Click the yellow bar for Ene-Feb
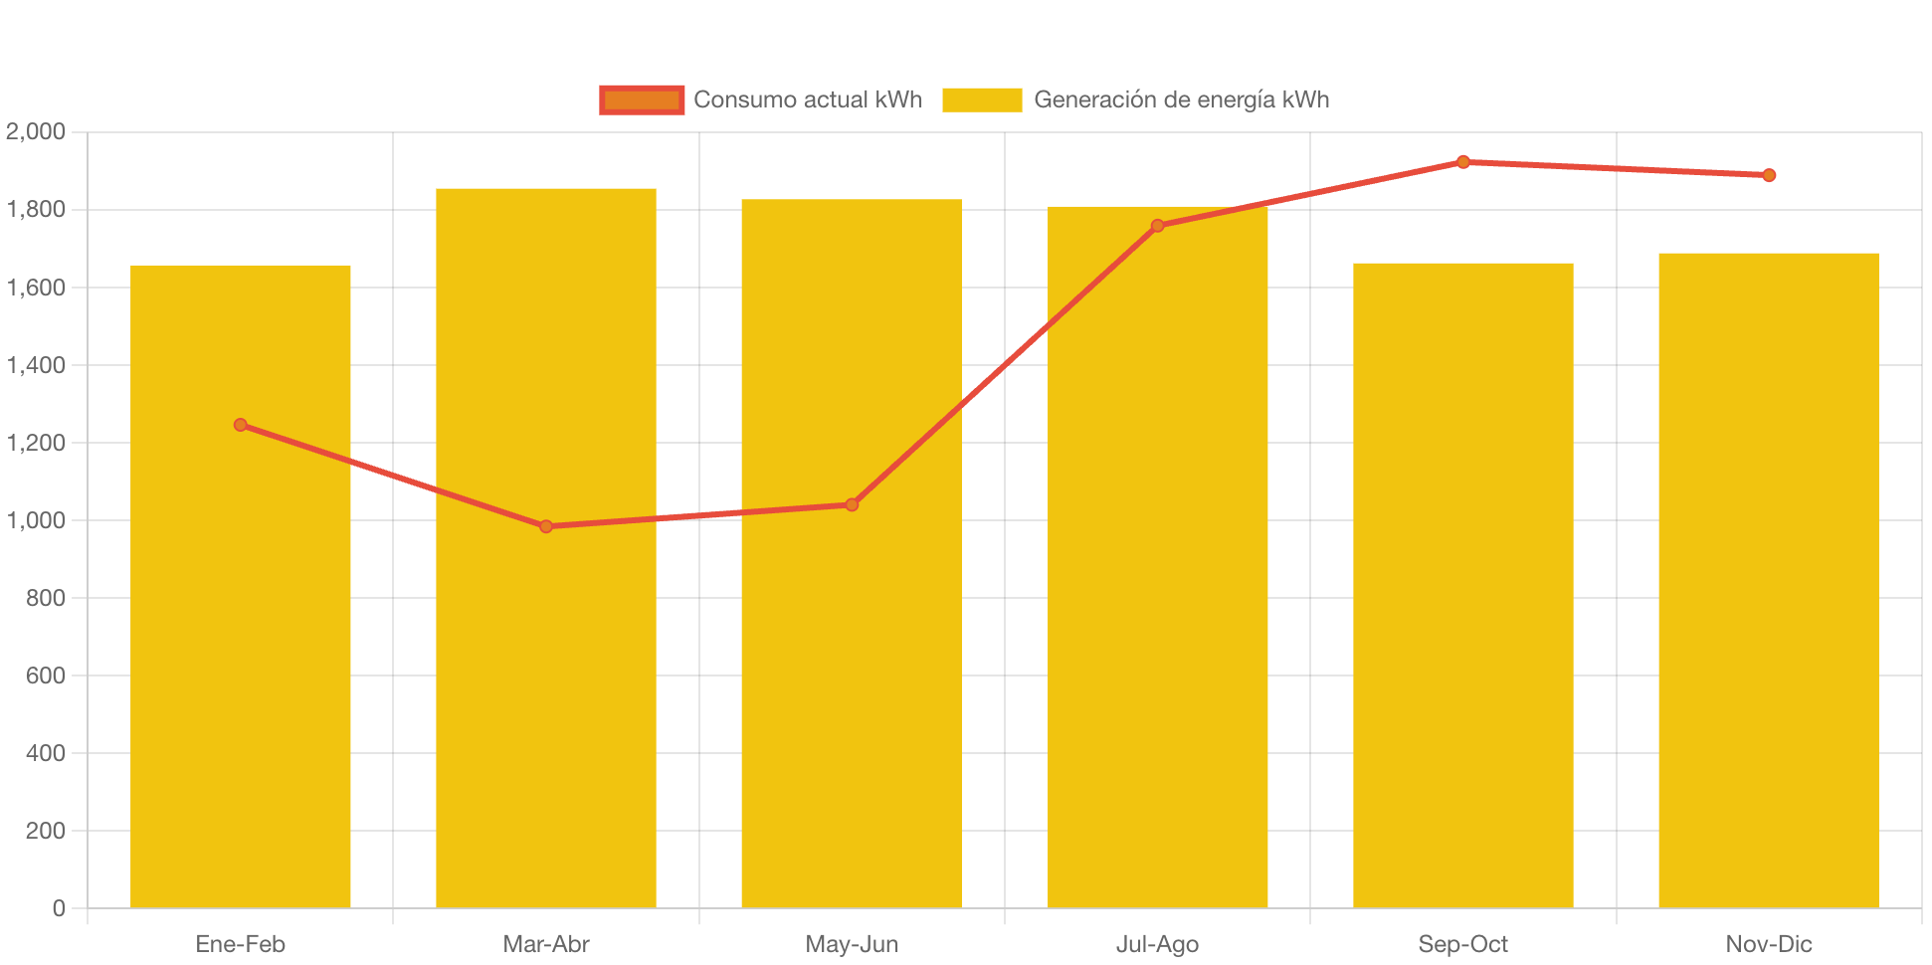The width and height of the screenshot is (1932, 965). click(x=241, y=647)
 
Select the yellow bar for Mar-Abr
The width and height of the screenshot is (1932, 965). click(x=546, y=696)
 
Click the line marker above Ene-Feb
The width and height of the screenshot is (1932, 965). click(x=241, y=425)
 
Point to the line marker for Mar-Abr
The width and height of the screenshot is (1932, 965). click(x=546, y=526)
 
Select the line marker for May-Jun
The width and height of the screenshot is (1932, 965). click(x=852, y=504)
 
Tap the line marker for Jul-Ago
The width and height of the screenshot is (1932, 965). click(x=1157, y=226)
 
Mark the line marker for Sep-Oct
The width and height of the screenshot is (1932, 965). click(x=1462, y=162)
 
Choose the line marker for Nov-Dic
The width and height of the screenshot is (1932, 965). click(x=1768, y=175)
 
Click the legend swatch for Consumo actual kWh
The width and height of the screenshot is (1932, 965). click(x=642, y=99)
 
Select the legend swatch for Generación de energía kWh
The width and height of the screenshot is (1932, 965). click(x=982, y=99)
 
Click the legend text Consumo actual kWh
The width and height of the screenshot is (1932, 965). click(x=808, y=99)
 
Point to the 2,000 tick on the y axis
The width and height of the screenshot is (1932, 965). click(x=36, y=131)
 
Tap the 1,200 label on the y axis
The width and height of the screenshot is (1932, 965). click(x=36, y=443)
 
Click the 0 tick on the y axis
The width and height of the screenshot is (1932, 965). click(x=59, y=908)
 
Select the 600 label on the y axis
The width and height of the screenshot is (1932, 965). click(x=46, y=675)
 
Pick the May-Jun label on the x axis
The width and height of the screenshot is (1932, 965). click(x=852, y=944)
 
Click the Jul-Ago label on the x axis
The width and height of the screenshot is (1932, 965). click(x=1157, y=944)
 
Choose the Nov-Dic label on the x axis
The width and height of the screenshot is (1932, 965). click(x=1768, y=944)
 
